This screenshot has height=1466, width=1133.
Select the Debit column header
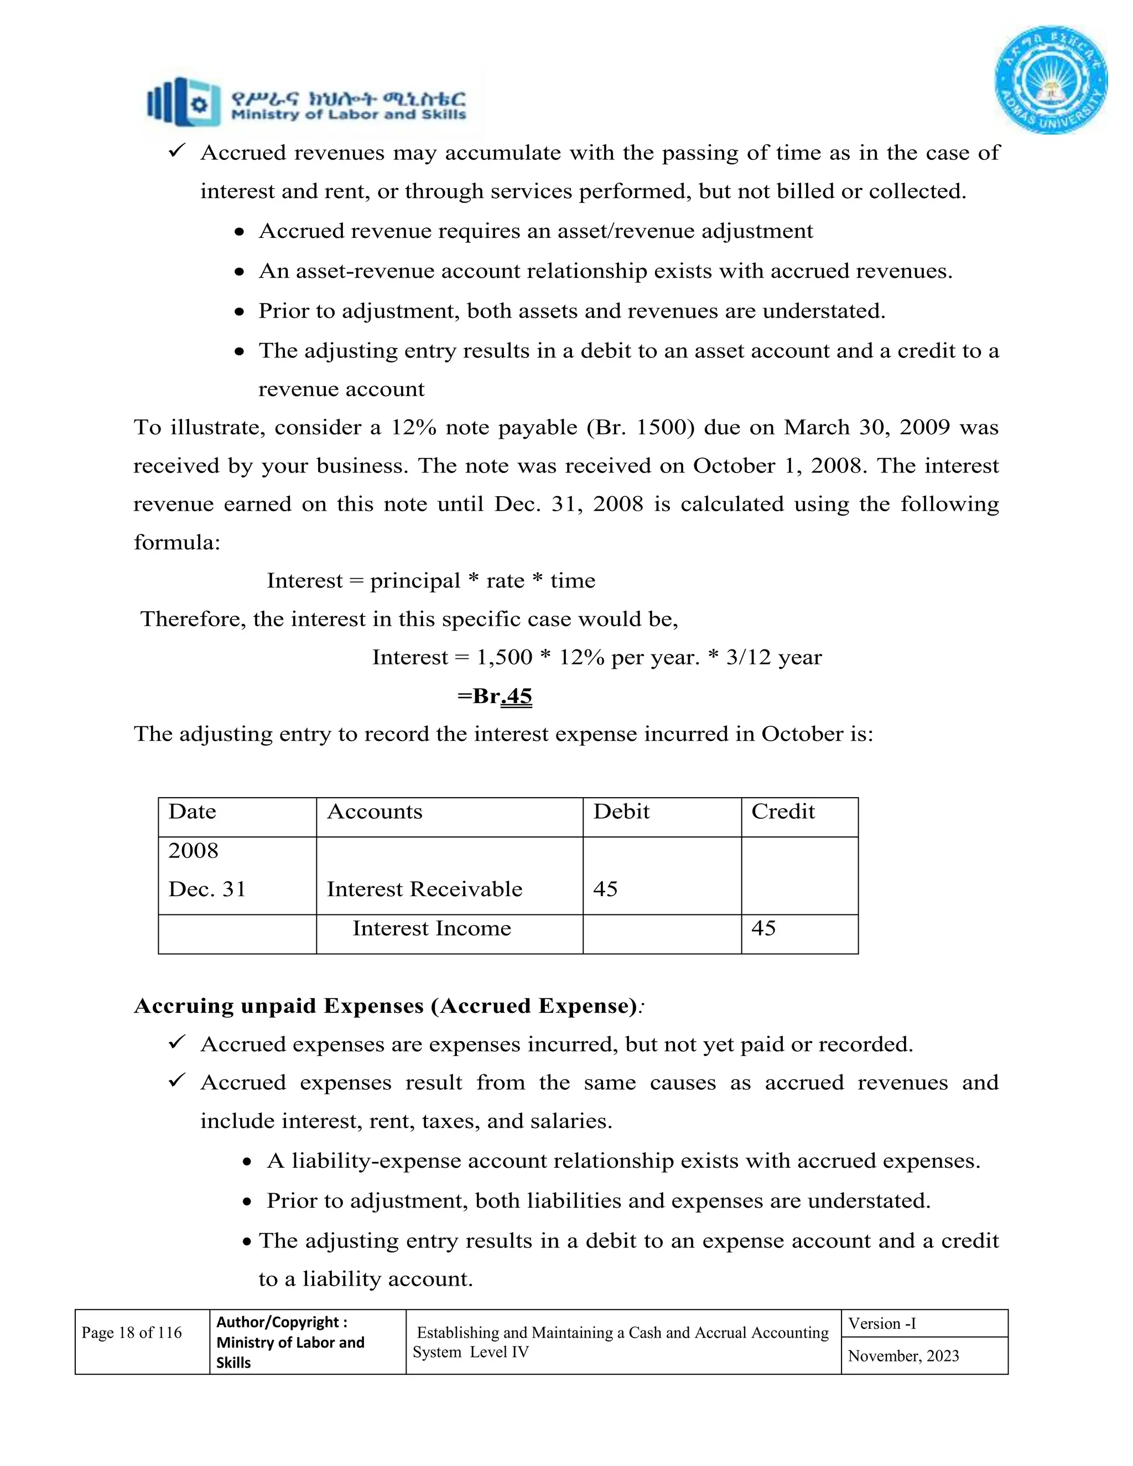(621, 812)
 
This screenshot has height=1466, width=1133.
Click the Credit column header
(783, 812)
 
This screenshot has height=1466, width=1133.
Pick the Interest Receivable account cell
(424, 890)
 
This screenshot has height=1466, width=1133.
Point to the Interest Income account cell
(432, 928)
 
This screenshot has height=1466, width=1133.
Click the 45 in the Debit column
(605, 890)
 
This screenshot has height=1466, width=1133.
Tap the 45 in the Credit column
(763, 928)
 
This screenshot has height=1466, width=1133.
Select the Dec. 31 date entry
(207, 890)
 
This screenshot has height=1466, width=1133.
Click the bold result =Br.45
(495, 696)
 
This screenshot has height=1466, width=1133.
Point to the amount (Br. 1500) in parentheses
(640, 428)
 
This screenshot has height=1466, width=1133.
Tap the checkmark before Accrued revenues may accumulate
(176, 152)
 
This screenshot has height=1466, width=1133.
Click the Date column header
(192, 812)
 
